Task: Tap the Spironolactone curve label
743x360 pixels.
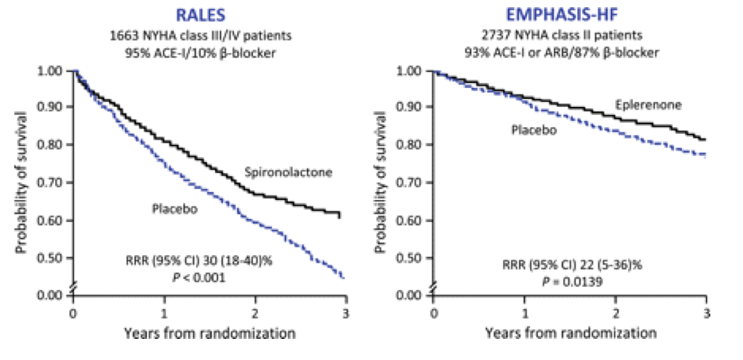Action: pyautogui.click(x=289, y=172)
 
